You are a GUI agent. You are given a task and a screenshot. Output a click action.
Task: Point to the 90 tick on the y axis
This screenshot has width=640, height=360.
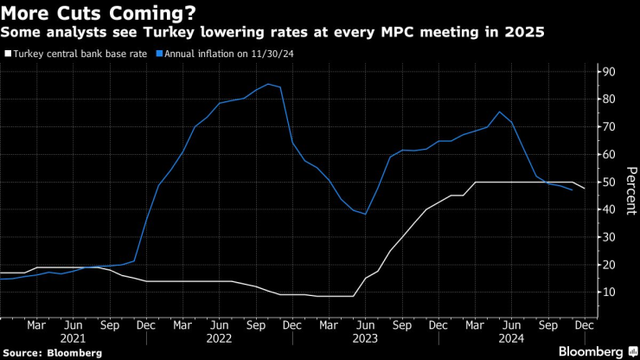(609, 71)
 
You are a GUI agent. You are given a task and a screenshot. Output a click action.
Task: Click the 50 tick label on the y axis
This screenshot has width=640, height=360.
(609, 182)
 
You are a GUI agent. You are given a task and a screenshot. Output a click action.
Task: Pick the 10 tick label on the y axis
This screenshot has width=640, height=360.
(609, 292)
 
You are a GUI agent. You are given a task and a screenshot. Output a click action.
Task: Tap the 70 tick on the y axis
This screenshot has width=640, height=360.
(609, 126)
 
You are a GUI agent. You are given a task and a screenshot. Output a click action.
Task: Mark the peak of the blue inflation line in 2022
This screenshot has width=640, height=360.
(268, 84)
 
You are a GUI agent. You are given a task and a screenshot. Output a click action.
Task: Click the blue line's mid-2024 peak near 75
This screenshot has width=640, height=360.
(499, 112)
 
